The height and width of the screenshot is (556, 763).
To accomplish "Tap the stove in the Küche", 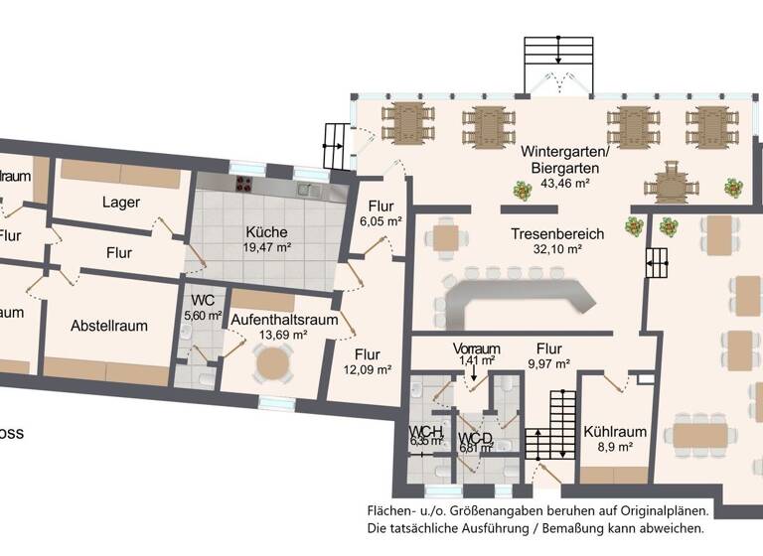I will pos(242,184).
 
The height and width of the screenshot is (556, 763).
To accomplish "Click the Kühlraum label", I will pos(616,432).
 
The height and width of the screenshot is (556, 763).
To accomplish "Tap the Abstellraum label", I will pos(109,326).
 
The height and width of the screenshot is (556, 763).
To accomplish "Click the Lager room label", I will pos(121,203).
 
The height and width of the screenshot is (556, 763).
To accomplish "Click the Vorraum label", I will pos(476,349).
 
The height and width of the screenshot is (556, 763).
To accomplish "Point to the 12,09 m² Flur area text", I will pos(367,370).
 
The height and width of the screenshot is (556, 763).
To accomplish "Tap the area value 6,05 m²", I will pos(381,222).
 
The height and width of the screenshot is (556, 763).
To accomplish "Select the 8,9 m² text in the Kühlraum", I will pos(616,448).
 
